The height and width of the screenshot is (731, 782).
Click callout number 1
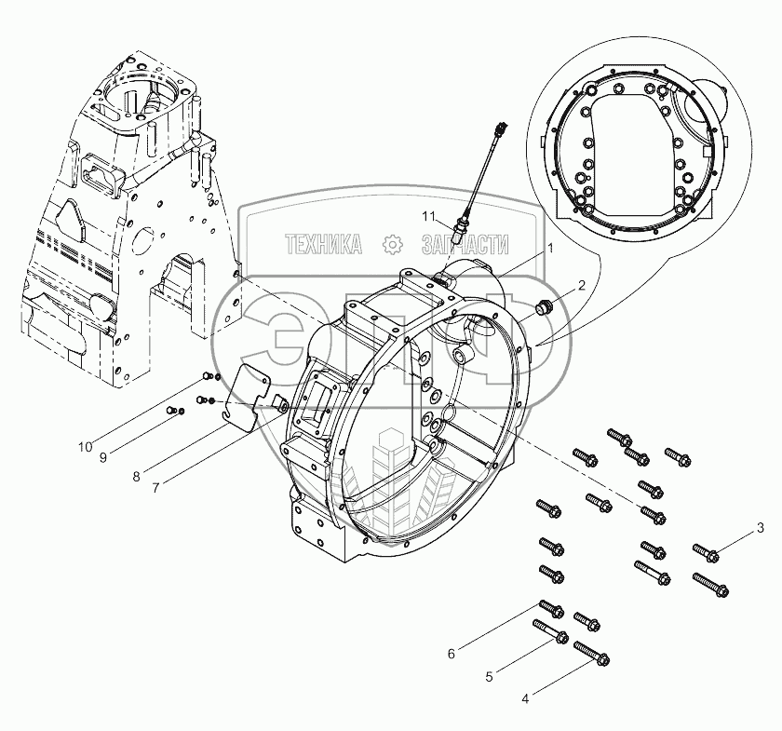tap(550, 248)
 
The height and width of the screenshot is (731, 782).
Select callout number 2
tap(581, 285)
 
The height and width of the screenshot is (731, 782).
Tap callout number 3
tap(760, 527)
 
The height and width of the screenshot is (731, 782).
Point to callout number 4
tap(525, 699)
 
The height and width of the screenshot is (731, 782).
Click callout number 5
tap(489, 677)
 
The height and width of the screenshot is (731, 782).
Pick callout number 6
tap(452, 654)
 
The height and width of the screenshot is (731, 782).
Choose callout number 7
tap(156, 488)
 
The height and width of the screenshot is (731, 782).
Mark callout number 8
tap(136, 477)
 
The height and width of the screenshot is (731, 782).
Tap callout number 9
tap(103, 457)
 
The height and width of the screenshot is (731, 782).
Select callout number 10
tap(86, 447)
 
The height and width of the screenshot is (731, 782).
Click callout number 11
tap(428, 217)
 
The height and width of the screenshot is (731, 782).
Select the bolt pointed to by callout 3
tap(706, 553)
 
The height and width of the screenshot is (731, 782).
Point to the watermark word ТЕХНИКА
tap(324, 245)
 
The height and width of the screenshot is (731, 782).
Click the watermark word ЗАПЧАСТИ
tap(465, 245)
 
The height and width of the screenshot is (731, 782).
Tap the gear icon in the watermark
tap(392, 245)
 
